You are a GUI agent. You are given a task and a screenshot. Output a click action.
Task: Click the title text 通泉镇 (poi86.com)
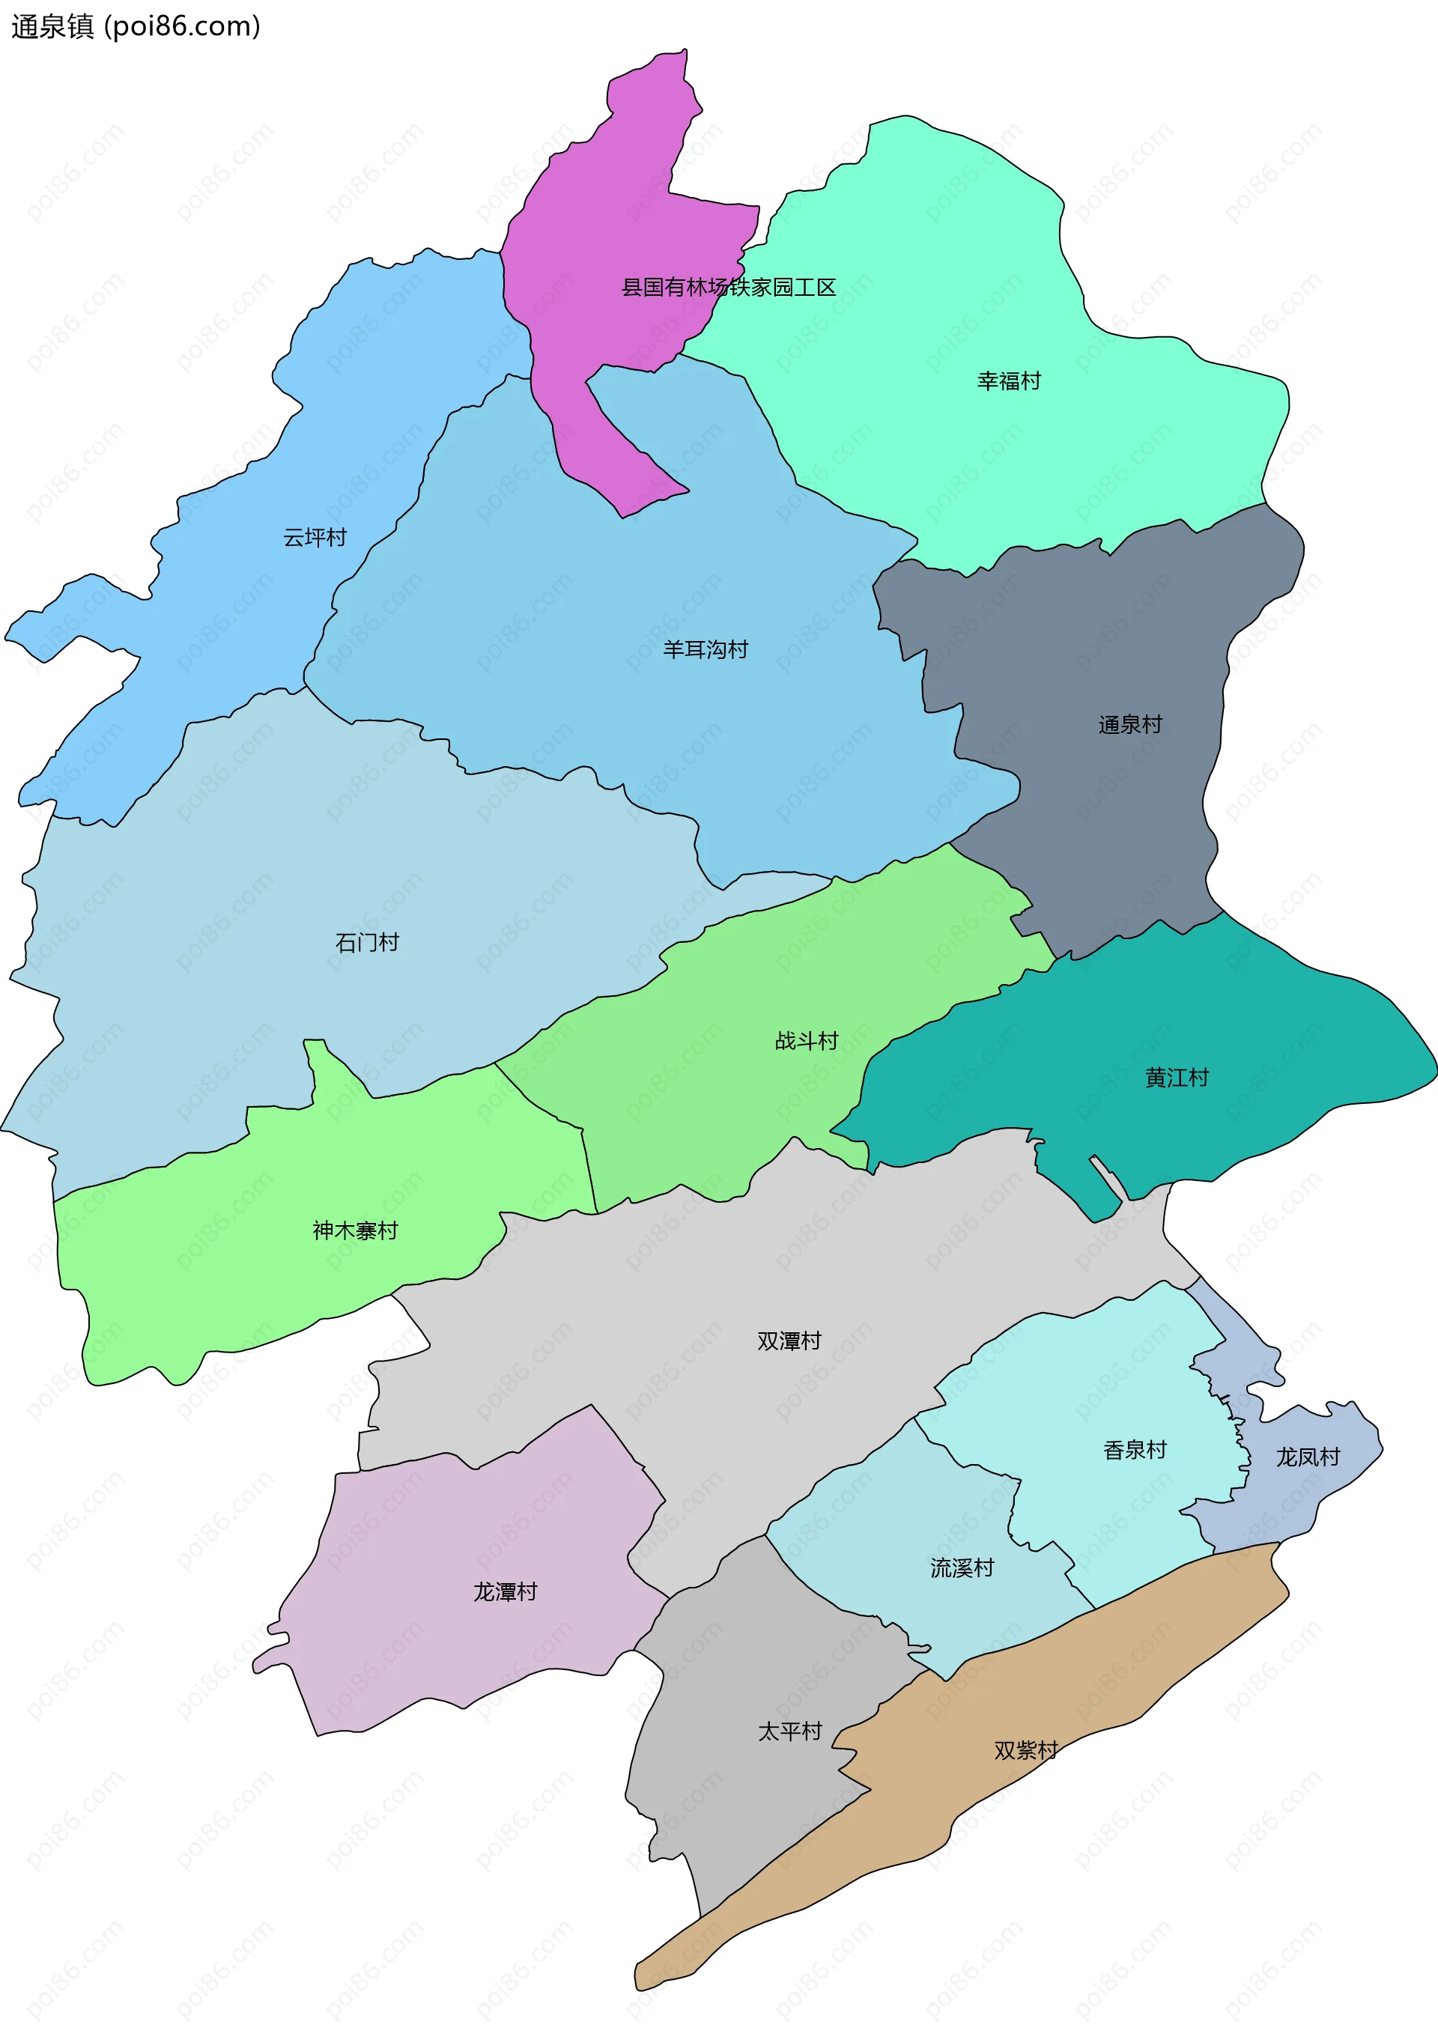pos(135,27)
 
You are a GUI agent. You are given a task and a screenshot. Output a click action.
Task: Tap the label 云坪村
pos(315,538)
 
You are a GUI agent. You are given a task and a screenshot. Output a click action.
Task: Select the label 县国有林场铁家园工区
pos(728,287)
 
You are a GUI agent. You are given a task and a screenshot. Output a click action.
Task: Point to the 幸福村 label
pos(1009,381)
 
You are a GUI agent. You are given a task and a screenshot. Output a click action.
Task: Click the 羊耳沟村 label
pos(706,649)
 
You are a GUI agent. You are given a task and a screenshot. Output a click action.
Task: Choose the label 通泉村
pos(1129,725)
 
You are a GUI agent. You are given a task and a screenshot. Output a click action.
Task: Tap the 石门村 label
pos(367,943)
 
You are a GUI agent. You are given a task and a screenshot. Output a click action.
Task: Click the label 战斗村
pos(806,1040)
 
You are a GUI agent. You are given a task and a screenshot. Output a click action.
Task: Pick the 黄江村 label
pos(1177,1078)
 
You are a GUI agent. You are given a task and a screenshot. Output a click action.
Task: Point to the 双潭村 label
pos(789,1341)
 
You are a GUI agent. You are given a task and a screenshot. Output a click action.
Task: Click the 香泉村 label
pos(1135,1450)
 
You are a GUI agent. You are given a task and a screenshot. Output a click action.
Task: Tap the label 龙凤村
pos(1308,1457)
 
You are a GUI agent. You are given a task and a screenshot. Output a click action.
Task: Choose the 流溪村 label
pos(962,1568)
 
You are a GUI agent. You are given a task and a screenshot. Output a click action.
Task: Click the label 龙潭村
pos(505,1592)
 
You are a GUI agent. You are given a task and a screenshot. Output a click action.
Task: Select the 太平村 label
pos(789,1731)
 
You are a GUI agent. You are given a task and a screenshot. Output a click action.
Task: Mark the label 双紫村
pos(1025,1750)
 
